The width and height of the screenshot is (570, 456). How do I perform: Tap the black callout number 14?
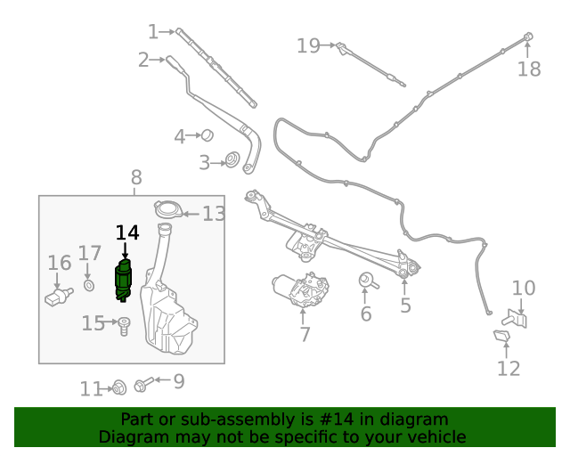tap(127, 232)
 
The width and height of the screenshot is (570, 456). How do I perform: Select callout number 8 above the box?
tap(135, 176)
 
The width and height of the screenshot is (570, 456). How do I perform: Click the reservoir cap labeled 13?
tap(167, 210)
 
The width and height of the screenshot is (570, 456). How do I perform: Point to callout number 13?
tap(214, 214)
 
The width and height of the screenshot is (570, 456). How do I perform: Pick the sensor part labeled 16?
tap(58, 294)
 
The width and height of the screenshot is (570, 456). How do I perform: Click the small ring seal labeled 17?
tap(89, 285)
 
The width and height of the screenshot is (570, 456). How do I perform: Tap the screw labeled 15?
tap(125, 325)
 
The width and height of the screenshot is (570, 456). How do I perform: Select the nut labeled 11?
tap(117, 387)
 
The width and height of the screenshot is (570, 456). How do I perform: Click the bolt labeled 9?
tap(142, 385)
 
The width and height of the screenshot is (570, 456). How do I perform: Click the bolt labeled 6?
tap(366, 282)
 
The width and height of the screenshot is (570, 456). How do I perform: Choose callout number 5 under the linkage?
tap(405, 306)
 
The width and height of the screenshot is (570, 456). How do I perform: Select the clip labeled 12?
tap(501, 336)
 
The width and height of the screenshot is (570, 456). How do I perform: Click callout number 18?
tap(529, 69)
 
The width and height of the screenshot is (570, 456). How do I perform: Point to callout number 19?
tap(308, 45)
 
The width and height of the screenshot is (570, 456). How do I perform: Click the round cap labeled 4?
tap(207, 135)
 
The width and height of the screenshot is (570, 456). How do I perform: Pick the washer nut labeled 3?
tap(231, 161)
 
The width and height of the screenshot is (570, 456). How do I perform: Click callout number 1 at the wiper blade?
tap(152, 32)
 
